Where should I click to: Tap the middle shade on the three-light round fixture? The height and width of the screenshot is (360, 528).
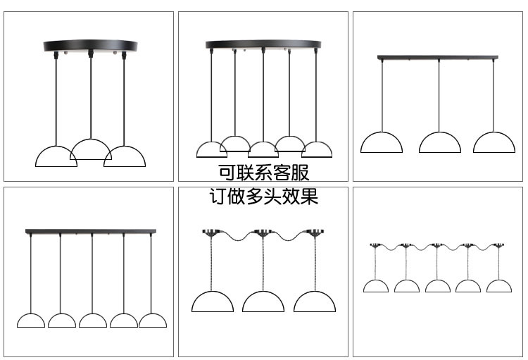[x=90, y=149]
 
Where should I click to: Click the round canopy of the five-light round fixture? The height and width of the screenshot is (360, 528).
[x=263, y=45]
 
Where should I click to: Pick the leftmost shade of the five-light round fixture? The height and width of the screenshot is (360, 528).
[x=211, y=149]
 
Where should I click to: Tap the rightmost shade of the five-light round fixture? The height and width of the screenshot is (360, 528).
[x=317, y=149]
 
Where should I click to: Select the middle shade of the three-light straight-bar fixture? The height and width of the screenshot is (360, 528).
[x=440, y=143]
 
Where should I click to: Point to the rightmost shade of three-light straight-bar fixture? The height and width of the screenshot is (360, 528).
[x=494, y=143]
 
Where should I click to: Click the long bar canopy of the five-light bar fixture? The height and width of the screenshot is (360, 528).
[x=90, y=230]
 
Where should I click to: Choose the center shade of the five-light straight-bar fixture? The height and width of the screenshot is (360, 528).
[x=93, y=321]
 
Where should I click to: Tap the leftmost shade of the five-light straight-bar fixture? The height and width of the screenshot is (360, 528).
[x=31, y=321]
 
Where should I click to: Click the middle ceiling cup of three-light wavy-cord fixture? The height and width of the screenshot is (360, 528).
[x=263, y=232]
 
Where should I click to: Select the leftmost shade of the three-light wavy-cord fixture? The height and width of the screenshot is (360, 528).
[x=213, y=302]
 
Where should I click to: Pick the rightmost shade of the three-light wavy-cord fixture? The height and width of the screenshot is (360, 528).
[x=315, y=302]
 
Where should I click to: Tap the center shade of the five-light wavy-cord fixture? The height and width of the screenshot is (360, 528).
[x=438, y=286]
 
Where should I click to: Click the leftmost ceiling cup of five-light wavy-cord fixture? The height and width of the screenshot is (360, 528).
[x=375, y=246]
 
